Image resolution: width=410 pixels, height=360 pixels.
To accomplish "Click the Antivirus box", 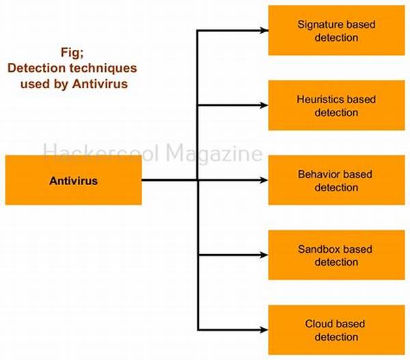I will tap(74, 180).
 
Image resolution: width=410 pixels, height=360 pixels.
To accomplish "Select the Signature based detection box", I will tap(336, 31).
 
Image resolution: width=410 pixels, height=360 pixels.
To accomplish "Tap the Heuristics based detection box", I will tap(336, 105).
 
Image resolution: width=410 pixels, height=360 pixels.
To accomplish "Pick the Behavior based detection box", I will tap(336, 180).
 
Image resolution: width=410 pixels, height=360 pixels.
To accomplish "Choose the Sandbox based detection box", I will tap(336, 255).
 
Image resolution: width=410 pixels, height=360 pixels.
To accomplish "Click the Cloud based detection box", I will tap(336, 330).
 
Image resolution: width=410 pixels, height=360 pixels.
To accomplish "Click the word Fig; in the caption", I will tap(72, 53).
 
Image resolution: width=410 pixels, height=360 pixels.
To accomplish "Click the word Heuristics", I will tap(320, 99).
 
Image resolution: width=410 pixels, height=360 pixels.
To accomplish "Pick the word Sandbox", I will tap(319, 249).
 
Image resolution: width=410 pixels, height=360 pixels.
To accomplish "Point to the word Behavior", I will tap(320, 174).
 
